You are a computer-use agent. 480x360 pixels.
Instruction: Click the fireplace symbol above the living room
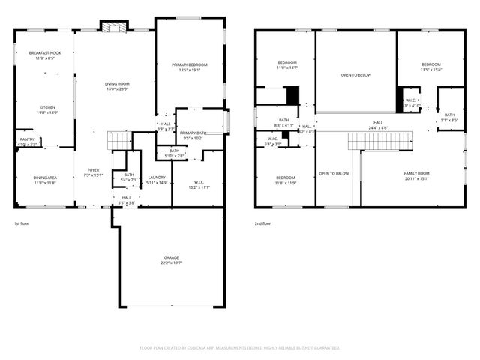click(x=115, y=28)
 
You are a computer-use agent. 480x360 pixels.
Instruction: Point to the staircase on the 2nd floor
click(x=379, y=140)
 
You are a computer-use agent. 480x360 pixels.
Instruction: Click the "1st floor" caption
click(x=22, y=223)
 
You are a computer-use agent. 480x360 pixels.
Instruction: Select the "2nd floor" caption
click(x=262, y=223)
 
